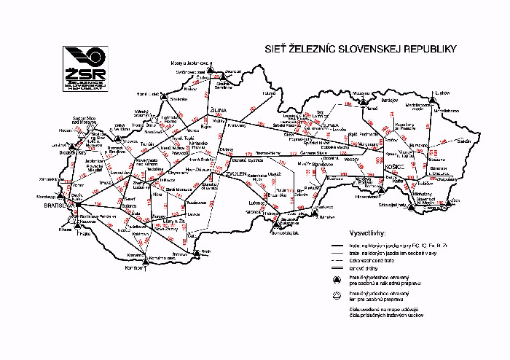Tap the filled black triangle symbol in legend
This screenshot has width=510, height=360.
(337, 280)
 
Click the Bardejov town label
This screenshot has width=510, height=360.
(391, 101)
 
